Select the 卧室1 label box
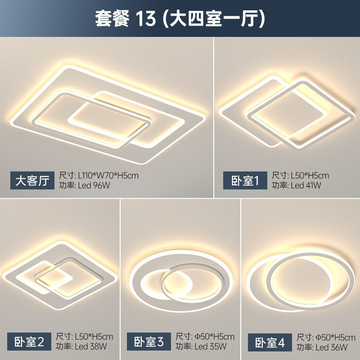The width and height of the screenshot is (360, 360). coord(245,181)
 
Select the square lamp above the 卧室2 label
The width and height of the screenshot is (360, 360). coord(61,270)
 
